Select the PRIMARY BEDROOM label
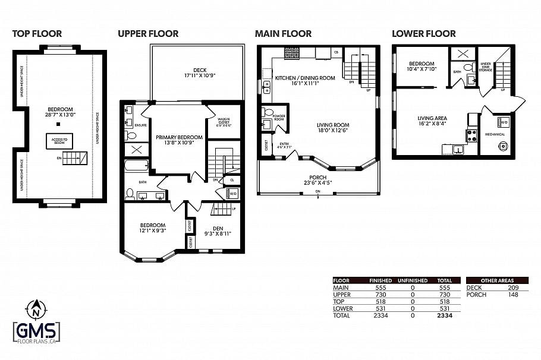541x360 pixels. click(179, 137)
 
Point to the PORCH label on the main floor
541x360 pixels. click(317, 178)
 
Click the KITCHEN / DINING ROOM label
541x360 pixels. click(304, 78)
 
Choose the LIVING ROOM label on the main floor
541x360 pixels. click(333, 125)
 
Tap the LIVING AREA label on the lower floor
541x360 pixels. click(432, 118)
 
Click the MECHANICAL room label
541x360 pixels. click(495, 134)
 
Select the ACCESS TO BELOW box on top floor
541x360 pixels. click(58, 141)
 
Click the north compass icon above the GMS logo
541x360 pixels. click(36, 310)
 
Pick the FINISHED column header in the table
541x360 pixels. click(380, 280)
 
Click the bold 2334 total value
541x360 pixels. click(445, 315)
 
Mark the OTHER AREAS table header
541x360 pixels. click(497, 280)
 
